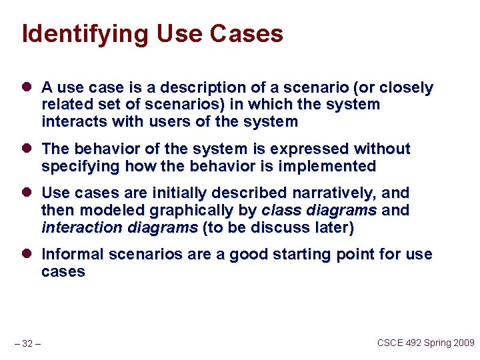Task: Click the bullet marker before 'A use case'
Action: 27,88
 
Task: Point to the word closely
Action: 406,88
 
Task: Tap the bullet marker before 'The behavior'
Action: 27,149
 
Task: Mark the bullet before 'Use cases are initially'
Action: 27,193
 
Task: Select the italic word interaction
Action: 78,227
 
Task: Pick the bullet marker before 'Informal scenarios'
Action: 27,255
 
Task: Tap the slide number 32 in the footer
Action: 27,344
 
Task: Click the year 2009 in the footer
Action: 461,343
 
